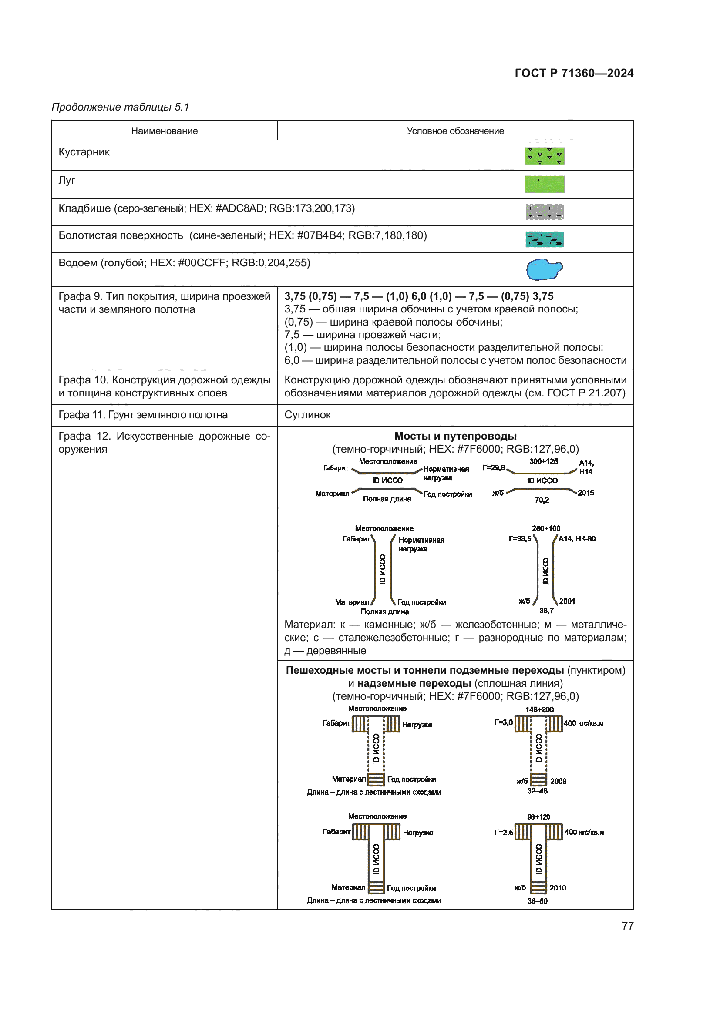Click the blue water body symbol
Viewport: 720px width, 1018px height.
pos(544,269)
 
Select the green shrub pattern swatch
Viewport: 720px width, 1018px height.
pos(545,156)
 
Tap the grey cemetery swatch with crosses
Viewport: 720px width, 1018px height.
pos(545,212)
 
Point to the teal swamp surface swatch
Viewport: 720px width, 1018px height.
pos(545,239)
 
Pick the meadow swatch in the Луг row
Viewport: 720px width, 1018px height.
pos(545,184)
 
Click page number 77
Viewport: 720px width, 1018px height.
pos(627,926)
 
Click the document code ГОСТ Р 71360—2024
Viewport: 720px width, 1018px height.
pos(574,73)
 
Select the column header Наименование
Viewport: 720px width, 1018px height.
pos(164,131)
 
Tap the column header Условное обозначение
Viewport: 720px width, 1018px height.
pos(455,131)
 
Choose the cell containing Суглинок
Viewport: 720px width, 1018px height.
pos(307,415)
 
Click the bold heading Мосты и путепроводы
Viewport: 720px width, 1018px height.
pos(455,436)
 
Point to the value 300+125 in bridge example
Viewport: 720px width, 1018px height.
pos(544,461)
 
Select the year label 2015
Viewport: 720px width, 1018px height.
pos(585,493)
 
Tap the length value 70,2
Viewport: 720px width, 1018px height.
pos(542,500)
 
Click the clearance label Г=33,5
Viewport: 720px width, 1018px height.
pos(520,539)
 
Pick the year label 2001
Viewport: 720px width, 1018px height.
pos(567,601)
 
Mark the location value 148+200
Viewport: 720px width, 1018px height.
pos(539,709)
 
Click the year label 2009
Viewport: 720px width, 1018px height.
pos(558,781)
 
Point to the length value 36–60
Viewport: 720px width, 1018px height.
pos(537,901)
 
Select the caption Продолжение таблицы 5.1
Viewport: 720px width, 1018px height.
pos(121,107)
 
